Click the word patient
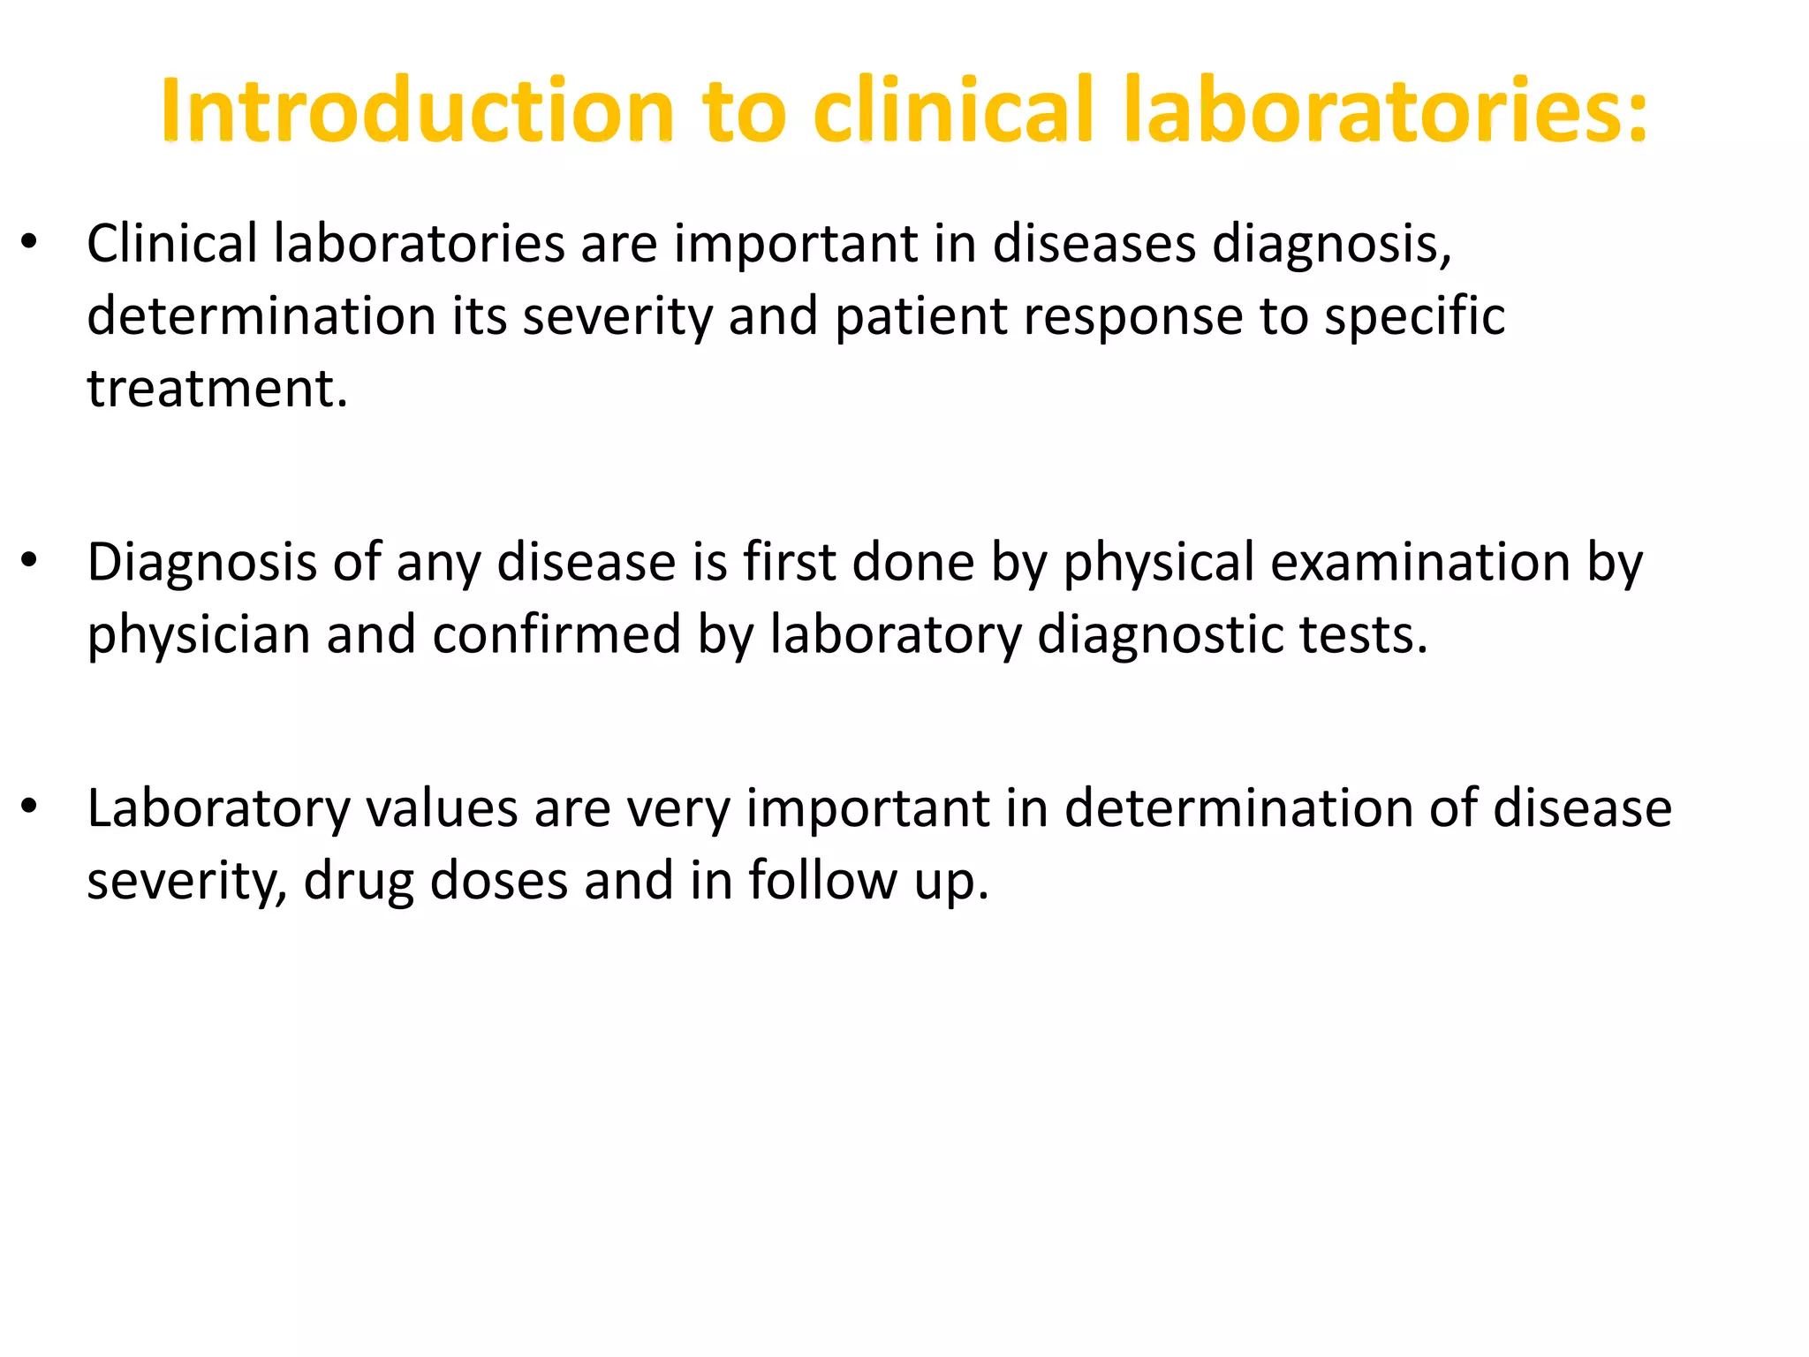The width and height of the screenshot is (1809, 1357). (x=920, y=316)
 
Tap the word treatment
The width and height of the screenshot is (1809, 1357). (x=217, y=389)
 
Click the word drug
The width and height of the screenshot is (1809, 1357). (x=359, y=882)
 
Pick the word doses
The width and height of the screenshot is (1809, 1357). (x=498, y=881)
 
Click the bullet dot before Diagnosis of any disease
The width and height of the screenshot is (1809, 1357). (x=29, y=560)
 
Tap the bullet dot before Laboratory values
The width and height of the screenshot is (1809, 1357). (x=29, y=807)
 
